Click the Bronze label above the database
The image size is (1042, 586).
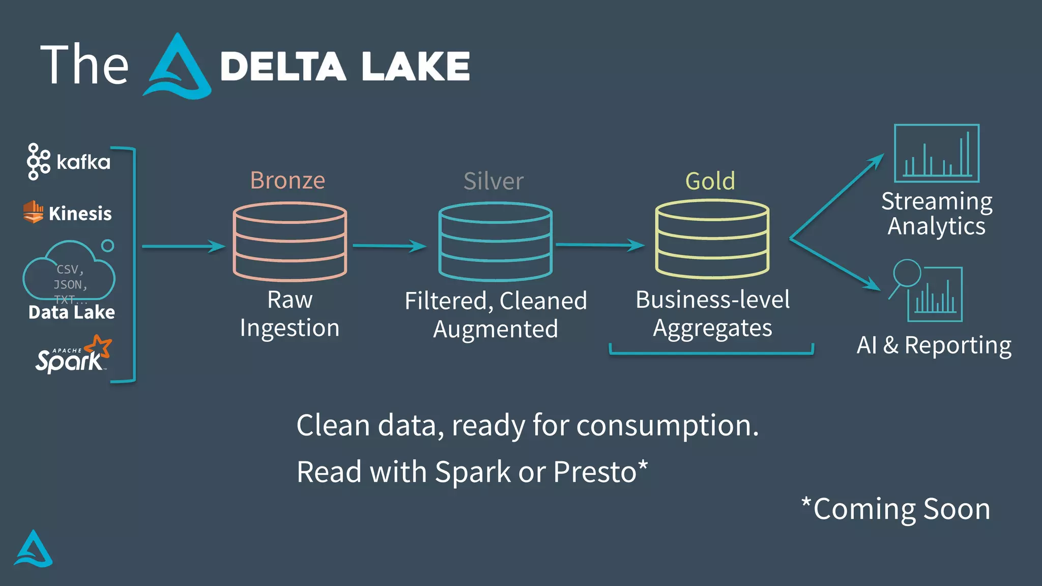pos(287,181)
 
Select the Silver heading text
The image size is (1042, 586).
pos(493,181)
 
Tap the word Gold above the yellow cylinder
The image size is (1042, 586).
pos(710,181)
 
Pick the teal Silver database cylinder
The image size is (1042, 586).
pos(496,242)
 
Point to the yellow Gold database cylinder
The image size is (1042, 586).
pos(712,239)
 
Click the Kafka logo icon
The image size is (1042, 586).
pos(39,162)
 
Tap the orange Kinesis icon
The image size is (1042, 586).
pos(34,212)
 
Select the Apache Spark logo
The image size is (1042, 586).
pos(73,355)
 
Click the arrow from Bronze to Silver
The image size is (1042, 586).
pos(389,246)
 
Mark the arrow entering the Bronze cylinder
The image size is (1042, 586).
pos(183,246)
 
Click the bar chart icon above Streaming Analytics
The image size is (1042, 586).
pos(936,154)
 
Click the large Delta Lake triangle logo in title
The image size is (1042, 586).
pos(177,67)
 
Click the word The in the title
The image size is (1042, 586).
pos(84,65)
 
